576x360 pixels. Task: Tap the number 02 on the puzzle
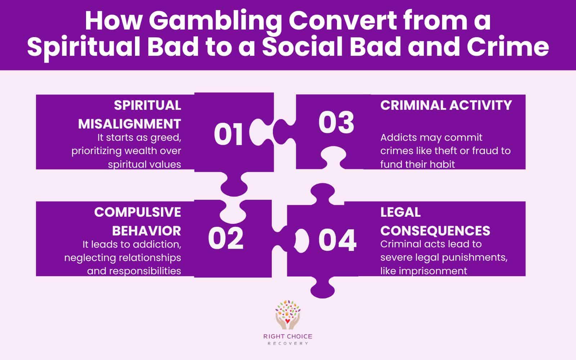click(226, 239)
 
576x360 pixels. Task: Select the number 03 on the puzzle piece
click(336, 123)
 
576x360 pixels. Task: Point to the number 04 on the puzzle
click(337, 240)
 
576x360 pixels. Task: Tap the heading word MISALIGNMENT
click(130, 124)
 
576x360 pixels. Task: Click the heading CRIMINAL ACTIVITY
click(446, 105)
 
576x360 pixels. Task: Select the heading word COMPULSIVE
click(138, 212)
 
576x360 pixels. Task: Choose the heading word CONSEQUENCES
click(435, 230)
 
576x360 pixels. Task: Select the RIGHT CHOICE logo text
click(288, 337)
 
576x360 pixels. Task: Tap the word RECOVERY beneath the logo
click(288, 343)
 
